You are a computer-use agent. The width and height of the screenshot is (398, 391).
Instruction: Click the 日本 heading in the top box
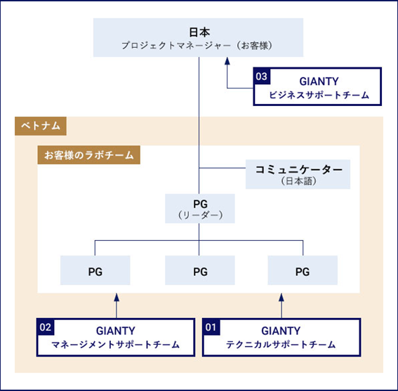click(199, 32)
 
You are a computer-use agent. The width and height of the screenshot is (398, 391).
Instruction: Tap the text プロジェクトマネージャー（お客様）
click(197, 46)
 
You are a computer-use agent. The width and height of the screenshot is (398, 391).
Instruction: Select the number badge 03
click(262, 77)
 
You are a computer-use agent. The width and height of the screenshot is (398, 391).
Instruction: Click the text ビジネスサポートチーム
click(319, 95)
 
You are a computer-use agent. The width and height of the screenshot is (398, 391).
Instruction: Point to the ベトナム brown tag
click(41, 126)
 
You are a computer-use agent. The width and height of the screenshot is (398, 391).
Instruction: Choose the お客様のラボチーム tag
click(89, 155)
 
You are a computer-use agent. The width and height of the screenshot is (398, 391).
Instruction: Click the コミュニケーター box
click(298, 174)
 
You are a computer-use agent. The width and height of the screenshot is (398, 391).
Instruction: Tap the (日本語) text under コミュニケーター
click(299, 181)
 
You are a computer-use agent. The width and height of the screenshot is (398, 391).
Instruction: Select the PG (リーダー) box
click(200, 208)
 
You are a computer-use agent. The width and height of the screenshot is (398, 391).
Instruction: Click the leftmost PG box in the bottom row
click(95, 270)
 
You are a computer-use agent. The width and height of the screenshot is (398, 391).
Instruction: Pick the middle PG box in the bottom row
click(200, 270)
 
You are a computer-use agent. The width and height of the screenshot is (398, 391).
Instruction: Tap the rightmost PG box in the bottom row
click(303, 270)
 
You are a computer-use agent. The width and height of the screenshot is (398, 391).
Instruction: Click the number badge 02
click(46, 327)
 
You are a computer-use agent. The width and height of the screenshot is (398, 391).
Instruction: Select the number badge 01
click(211, 327)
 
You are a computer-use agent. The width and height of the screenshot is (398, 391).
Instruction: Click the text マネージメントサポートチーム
click(116, 345)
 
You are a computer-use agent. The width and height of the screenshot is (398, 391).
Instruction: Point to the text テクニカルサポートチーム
click(281, 345)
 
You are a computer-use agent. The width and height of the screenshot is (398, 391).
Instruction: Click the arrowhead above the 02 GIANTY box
click(117, 298)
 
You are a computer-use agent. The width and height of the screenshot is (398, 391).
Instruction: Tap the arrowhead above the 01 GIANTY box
click(281, 298)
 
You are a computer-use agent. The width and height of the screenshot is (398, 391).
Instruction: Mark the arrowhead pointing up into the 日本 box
click(227, 61)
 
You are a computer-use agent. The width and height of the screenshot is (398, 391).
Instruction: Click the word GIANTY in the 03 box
click(319, 81)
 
